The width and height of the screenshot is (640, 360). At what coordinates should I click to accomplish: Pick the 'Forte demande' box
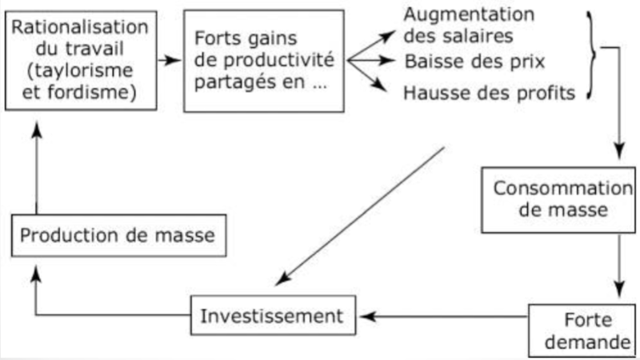click(582, 329)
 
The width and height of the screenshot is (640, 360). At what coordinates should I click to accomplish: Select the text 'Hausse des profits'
click(490, 94)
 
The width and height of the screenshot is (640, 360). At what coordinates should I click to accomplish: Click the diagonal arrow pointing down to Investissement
click(360, 216)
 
